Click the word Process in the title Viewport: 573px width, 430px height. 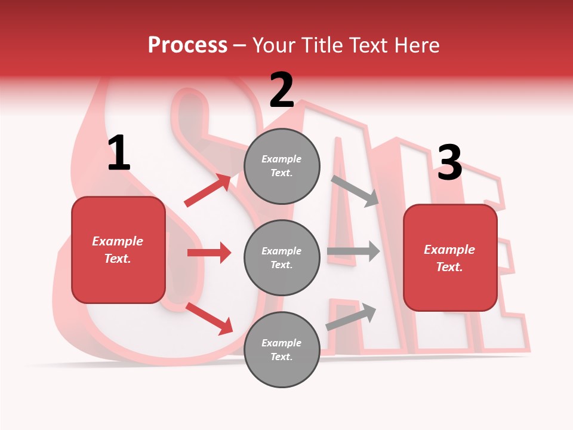pyautogui.click(x=187, y=45)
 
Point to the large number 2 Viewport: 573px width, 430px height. pyautogui.click(x=282, y=90)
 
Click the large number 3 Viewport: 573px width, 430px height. pyautogui.click(x=449, y=163)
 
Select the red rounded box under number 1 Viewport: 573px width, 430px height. pyautogui.click(x=118, y=250)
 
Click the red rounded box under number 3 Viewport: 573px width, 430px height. pyautogui.click(x=450, y=257)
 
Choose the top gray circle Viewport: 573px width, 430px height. pyautogui.click(x=282, y=166)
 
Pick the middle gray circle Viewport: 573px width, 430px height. pyautogui.click(x=282, y=257)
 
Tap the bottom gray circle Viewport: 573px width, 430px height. pyautogui.click(x=282, y=349)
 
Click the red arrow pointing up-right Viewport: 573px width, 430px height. pyautogui.click(x=208, y=191)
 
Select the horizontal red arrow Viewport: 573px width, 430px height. pyautogui.click(x=209, y=253)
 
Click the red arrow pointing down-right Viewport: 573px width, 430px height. pyautogui.click(x=209, y=318)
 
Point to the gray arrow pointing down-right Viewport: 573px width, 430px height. pyautogui.click(x=356, y=191)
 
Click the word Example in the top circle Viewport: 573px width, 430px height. pyautogui.click(x=281, y=159)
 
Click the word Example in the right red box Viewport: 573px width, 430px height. pyautogui.click(x=449, y=250)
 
